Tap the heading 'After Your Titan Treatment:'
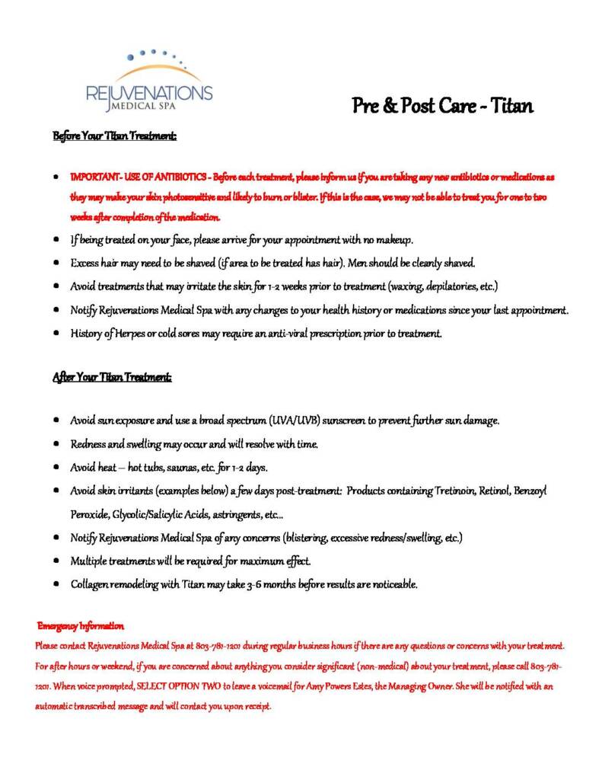[113, 377]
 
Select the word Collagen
[91, 585]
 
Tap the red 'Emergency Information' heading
[81, 625]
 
